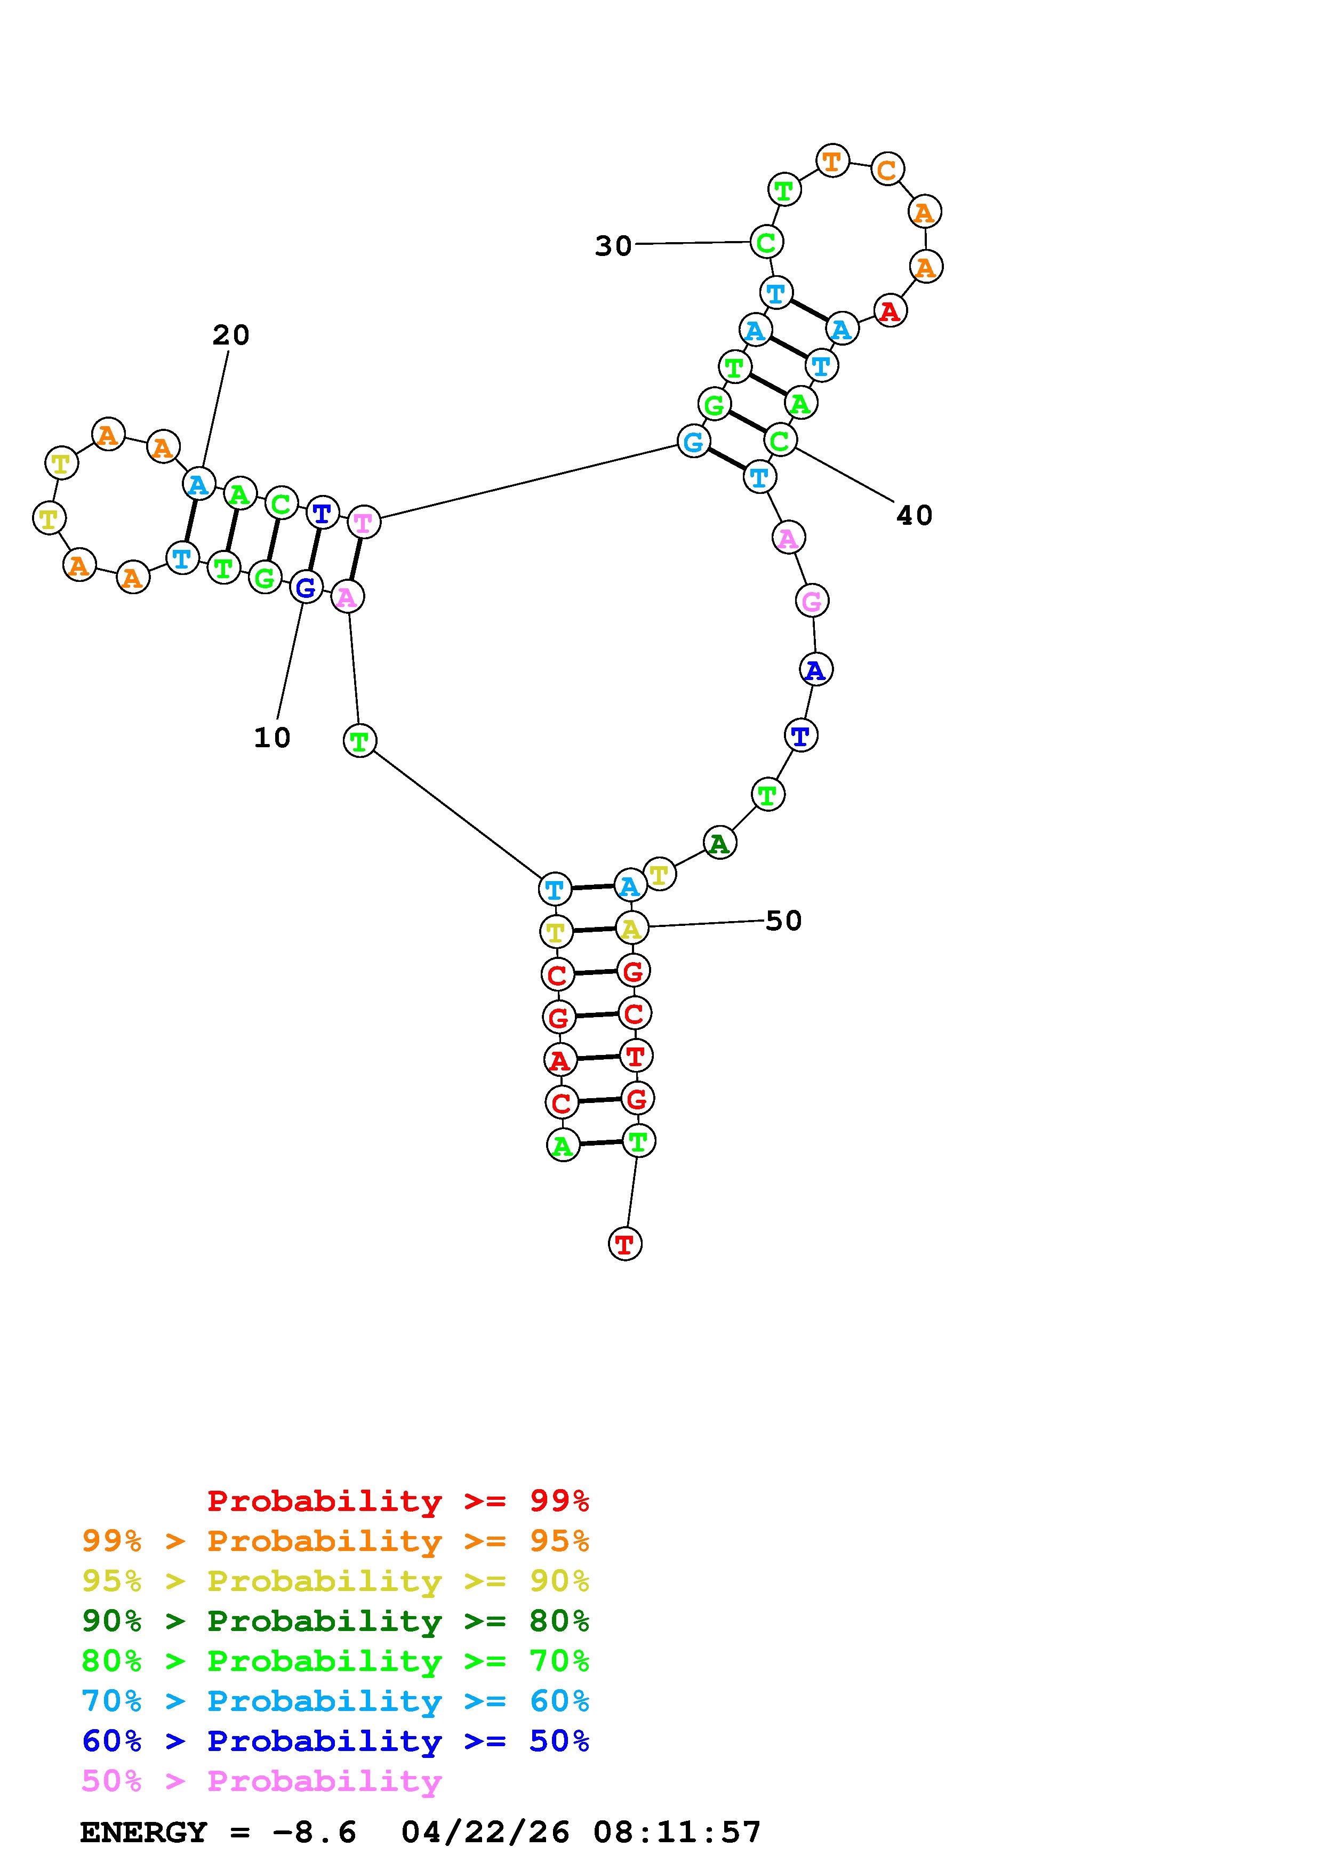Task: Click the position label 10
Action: point(272,738)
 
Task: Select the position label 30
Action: point(613,245)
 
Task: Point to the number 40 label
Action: point(914,515)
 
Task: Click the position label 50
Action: point(783,921)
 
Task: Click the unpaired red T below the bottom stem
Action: point(625,1244)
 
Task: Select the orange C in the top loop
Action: point(886,170)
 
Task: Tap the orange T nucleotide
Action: point(831,161)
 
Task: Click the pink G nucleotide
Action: point(811,602)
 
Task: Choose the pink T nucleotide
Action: point(363,522)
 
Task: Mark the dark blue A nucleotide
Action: point(814,670)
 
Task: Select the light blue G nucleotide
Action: point(692,442)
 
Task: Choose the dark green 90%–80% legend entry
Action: point(335,1621)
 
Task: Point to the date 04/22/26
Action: point(485,1833)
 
